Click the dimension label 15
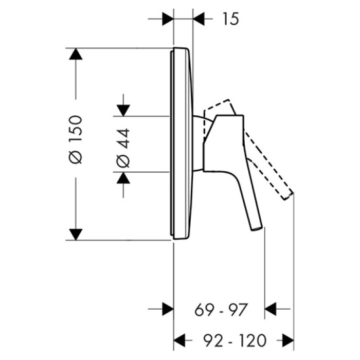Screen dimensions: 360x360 click(x=231, y=19)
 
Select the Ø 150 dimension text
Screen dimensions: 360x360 click(x=76, y=139)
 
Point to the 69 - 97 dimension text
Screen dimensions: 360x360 click(x=222, y=310)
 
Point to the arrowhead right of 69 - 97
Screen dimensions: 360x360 click(x=271, y=310)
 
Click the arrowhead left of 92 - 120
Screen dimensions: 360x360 click(x=179, y=340)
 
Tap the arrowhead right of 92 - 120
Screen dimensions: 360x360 click(x=288, y=340)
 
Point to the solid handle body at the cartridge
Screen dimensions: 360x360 click(x=221, y=144)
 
